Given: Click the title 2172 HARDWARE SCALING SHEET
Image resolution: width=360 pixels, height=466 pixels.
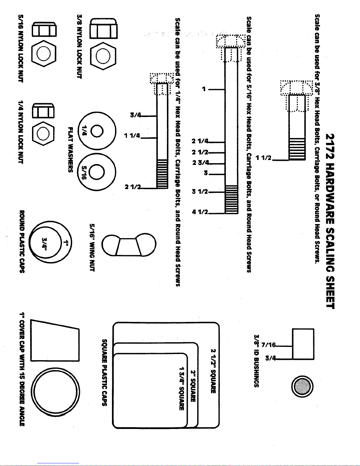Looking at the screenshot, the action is (x=330, y=221).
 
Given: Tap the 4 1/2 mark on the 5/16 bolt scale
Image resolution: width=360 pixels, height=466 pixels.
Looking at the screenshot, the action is (x=200, y=212).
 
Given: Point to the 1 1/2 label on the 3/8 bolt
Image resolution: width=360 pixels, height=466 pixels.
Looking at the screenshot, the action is (x=264, y=158).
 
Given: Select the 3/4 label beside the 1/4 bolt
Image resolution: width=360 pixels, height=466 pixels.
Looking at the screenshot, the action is (x=136, y=115).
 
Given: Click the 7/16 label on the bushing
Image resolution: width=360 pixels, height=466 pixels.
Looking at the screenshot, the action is (x=269, y=345).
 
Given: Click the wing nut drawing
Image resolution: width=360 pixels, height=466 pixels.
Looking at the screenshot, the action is (x=129, y=245).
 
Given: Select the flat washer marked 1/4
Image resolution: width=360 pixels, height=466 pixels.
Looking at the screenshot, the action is (x=97, y=131).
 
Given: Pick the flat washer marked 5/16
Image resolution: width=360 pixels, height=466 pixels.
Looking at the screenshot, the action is (x=96, y=172).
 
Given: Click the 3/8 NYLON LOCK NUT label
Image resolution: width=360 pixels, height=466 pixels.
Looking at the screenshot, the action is (x=80, y=46).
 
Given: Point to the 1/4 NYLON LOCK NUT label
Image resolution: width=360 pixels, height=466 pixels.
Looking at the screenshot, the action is (x=21, y=132).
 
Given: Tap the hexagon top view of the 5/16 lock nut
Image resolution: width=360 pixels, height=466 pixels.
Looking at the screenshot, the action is (x=44, y=54).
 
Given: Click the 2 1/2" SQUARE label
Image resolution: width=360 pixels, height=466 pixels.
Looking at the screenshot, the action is (x=213, y=371).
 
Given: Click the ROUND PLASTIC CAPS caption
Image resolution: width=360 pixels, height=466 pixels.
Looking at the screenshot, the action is (x=22, y=242).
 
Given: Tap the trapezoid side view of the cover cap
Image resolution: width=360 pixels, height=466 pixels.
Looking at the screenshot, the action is (x=55, y=340).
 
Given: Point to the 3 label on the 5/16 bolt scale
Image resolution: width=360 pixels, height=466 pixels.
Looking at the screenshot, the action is (x=206, y=173).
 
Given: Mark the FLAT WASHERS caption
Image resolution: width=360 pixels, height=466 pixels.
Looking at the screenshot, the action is (x=71, y=150).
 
